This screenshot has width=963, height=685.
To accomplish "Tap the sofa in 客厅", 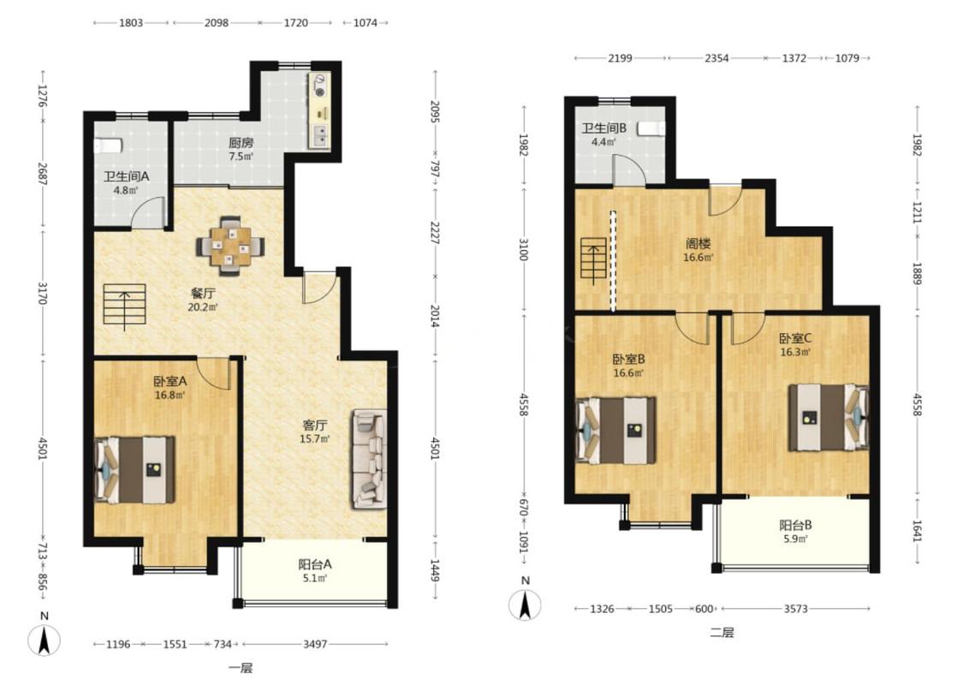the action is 369,460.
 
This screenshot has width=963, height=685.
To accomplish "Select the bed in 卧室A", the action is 134,470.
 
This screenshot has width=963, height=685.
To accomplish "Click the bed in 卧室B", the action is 615,430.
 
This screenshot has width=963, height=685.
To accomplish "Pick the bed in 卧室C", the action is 829,417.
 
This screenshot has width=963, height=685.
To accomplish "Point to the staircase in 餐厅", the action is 125,305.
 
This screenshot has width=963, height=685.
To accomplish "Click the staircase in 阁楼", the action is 593,260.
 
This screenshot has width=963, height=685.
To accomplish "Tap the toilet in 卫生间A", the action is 108,146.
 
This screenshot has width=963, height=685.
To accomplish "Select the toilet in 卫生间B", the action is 651,128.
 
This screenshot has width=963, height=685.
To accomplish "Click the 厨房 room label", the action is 241,142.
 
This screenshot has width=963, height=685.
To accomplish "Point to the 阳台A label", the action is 315,564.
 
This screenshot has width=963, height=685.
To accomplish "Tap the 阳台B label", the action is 796,525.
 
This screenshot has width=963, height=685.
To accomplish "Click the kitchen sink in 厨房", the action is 319,135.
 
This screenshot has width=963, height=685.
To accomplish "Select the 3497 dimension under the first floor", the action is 315,645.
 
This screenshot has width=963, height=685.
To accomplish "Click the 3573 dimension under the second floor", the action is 795,609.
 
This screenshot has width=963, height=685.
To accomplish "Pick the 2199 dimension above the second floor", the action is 621,58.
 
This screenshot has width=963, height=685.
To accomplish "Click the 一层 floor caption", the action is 241,669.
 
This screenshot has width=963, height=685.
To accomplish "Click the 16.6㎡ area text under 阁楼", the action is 698,258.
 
